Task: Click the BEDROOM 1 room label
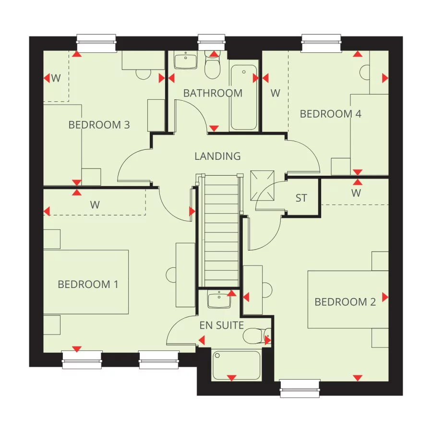(88, 284)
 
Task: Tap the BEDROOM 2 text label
(345, 302)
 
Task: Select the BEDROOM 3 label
(99, 125)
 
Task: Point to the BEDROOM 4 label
(330, 114)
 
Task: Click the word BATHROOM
(213, 93)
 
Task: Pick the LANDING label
(217, 156)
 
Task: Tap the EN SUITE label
(222, 325)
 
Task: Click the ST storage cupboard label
(301, 198)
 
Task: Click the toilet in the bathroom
(212, 66)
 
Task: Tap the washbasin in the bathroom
(186, 61)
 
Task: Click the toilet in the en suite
(254, 336)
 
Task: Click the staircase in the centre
(221, 230)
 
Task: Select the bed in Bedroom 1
(86, 282)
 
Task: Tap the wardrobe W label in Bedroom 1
(95, 204)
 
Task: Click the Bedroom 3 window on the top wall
(96, 44)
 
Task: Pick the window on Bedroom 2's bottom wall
(300, 388)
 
